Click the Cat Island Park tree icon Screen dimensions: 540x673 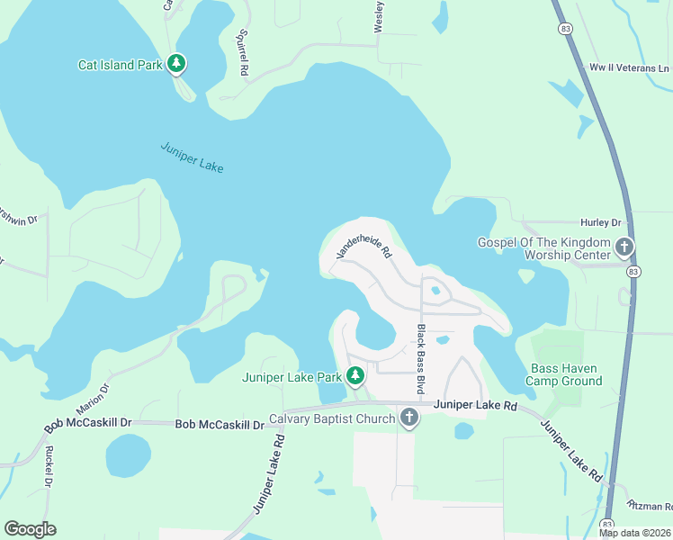click(178, 63)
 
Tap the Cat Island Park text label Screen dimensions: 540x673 click(120, 65)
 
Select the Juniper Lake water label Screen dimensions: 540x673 click(192, 157)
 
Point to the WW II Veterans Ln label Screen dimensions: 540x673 click(629, 68)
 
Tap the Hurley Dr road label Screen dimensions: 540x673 click(603, 222)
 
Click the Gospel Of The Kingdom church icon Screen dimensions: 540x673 click(624, 247)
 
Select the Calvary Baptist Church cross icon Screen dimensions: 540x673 click(409, 418)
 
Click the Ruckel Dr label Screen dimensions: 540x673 click(49, 465)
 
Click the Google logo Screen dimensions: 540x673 click(30, 529)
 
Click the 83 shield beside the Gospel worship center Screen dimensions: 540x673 click(634, 271)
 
